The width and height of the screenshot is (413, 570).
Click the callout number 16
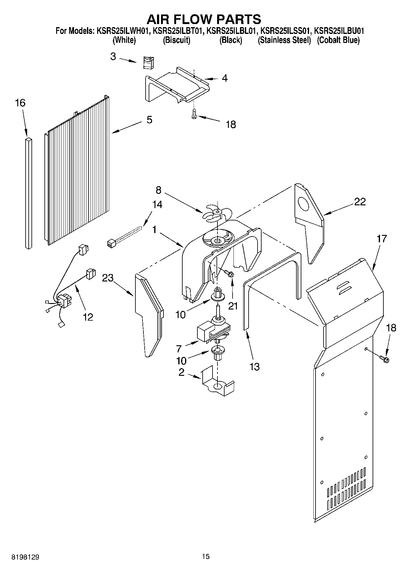(x=20, y=103)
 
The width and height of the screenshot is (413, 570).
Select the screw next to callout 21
(x=229, y=273)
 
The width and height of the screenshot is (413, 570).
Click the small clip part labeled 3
(x=149, y=63)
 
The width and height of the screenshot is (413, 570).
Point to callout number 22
(x=360, y=202)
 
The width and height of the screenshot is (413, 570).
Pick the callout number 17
(x=382, y=239)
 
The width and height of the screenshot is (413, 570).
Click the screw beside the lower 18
(x=384, y=359)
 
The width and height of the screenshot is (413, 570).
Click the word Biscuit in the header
(x=176, y=40)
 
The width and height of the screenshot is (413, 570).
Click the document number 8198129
(x=25, y=556)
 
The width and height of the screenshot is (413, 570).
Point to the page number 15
(x=206, y=556)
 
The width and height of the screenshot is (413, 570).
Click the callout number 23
(x=108, y=278)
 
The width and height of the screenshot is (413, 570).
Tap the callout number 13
(x=254, y=367)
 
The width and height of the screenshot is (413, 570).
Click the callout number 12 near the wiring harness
(x=88, y=317)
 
